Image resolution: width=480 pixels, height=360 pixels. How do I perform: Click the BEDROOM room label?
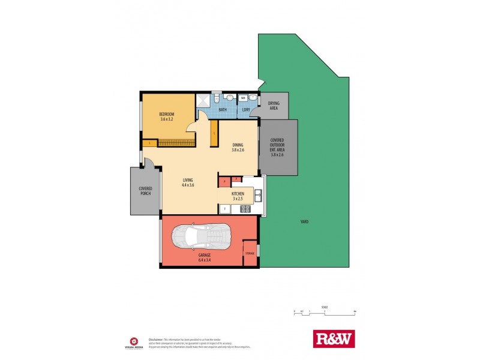coord(167,114)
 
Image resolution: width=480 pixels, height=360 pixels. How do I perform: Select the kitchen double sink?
coord(257,195)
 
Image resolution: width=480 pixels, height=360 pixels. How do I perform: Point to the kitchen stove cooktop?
coord(245,209)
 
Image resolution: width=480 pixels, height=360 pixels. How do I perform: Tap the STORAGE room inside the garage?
coord(250,253)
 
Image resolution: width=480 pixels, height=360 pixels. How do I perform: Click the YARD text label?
coord(304,222)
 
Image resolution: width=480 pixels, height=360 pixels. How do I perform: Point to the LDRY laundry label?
coord(246,110)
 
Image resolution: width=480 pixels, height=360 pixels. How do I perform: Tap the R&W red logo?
coord(334,339)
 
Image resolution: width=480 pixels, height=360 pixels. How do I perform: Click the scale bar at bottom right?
coord(325,311)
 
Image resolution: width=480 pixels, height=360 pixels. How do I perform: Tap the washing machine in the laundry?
coord(244,98)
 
